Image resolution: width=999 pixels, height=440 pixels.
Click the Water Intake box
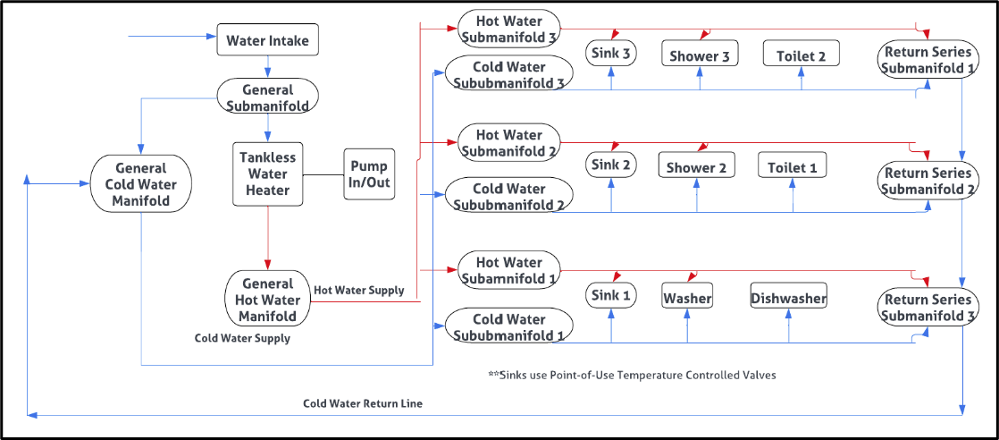click(268, 40)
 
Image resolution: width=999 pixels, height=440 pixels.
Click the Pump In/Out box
click(369, 174)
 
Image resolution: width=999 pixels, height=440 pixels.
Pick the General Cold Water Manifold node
click(141, 183)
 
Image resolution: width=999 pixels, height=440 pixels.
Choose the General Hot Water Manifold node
click(267, 299)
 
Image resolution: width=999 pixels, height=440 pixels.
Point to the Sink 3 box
click(611, 54)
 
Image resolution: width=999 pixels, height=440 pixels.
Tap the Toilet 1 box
click(793, 165)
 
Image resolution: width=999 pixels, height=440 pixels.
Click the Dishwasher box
click(788, 298)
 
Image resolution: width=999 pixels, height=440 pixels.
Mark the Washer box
click(687, 298)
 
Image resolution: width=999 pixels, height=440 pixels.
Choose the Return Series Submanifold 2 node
click(926, 182)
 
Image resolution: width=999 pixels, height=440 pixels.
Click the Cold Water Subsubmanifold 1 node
click(508, 327)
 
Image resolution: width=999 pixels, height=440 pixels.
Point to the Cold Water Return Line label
click(363, 403)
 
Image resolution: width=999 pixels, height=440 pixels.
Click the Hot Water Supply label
click(359, 291)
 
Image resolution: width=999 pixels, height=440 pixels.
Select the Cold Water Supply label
click(242, 339)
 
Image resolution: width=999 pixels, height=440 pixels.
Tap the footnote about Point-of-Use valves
click(632, 375)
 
